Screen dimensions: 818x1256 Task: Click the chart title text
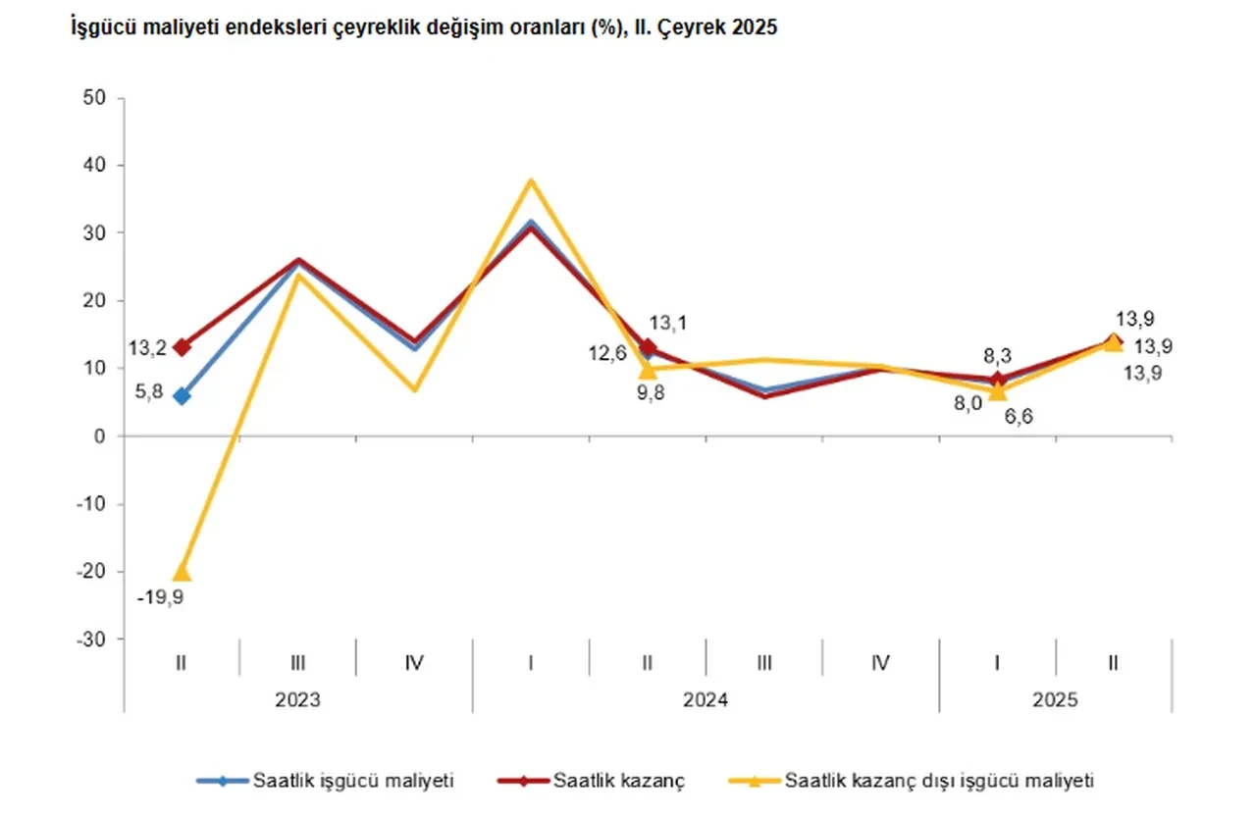pos(423,28)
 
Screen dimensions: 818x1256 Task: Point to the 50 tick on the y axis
pos(96,98)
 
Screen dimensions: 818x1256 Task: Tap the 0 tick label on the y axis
pos(100,436)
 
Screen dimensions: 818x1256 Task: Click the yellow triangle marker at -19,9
pos(182,572)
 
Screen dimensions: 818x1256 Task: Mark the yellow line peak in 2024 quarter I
pos(531,180)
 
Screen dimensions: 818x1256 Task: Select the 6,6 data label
pos(1017,416)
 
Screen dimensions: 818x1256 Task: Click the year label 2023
pos(297,700)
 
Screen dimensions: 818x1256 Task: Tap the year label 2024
pos(706,700)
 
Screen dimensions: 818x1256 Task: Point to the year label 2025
pos(1056,700)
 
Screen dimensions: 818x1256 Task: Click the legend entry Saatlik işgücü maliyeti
pos(353,781)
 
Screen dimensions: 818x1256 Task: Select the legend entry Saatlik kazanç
pos(618,781)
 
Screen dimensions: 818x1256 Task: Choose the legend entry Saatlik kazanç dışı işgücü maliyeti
pos(938,781)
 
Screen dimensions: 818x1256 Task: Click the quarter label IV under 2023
pos(414,663)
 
